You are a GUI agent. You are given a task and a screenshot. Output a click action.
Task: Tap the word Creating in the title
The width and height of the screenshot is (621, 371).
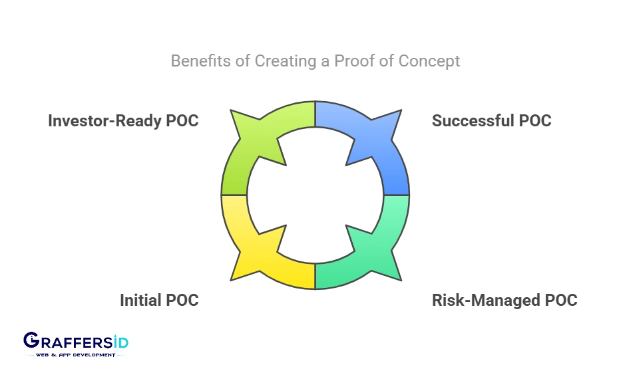(285, 61)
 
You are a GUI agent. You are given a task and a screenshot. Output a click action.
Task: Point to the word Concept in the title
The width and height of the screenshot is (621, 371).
(429, 62)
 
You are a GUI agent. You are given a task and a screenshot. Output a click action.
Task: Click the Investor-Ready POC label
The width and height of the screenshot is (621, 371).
(123, 120)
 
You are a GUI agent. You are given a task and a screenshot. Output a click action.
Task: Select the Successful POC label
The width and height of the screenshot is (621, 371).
(491, 120)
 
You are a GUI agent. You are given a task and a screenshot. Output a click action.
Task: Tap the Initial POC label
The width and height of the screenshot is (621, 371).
(159, 300)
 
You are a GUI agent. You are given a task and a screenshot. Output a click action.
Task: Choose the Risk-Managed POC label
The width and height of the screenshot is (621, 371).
(505, 301)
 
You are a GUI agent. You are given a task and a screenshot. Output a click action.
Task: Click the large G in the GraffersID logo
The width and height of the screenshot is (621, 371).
(31, 340)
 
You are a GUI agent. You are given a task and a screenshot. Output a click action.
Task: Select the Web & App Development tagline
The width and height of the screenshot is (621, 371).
(75, 355)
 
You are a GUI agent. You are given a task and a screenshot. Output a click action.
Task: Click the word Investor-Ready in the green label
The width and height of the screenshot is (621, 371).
(104, 120)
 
